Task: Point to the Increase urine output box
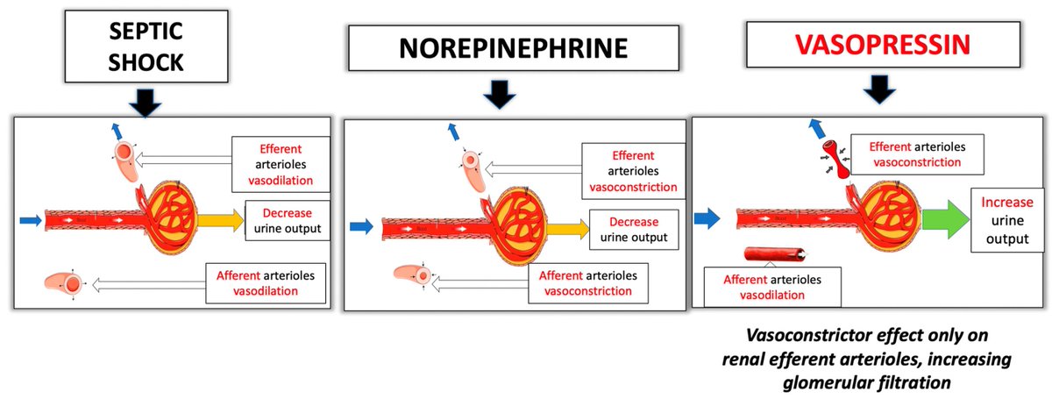point(1006,218)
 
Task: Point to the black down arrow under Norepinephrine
point(500,95)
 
